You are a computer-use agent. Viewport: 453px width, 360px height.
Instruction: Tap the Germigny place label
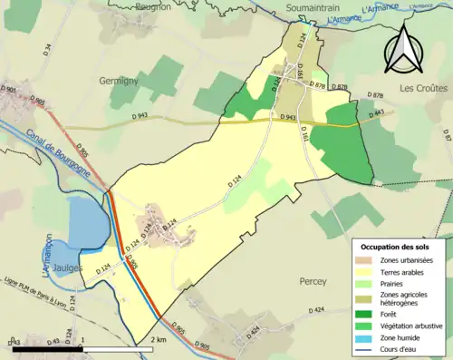(x=119, y=81)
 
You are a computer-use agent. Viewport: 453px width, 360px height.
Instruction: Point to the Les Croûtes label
(x=423, y=88)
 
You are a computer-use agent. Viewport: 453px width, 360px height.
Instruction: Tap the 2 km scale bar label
(x=159, y=339)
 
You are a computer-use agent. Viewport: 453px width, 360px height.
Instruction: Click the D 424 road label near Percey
(x=315, y=311)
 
